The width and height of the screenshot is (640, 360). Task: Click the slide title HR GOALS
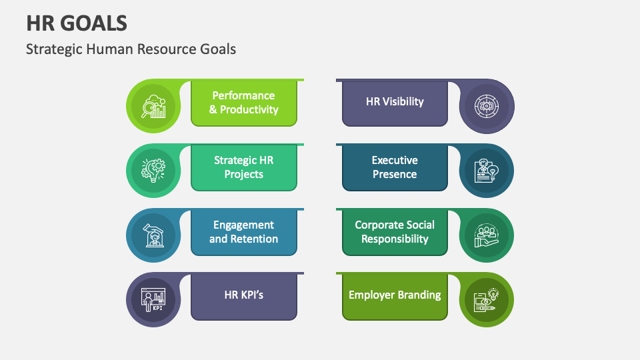pyautogui.click(x=77, y=23)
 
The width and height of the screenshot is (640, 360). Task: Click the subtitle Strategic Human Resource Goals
pyautogui.click(x=131, y=49)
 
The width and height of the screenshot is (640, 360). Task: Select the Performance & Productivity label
pyautogui.click(x=243, y=103)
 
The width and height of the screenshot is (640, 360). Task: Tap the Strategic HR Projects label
pyautogui.click(x=243, y=167)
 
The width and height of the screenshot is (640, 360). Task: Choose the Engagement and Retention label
pyautogui.click(x=243, y=232)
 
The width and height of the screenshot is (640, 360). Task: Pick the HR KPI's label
pyautogui.click(x=243, y=294)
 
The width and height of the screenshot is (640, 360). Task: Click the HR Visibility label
pyautogui.click(x=395, y=101)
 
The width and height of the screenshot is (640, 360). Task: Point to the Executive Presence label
pyautogui.click(x=395, y=167)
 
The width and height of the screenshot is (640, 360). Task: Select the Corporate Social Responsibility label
pyautogui.click(x=395, y=232)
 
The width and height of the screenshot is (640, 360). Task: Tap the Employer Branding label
pyautogui.click(x=395, y=295)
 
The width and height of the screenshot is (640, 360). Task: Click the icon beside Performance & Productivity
pyautogui.click(x=153, y=106)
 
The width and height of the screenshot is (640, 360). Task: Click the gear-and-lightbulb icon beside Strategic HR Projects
pyautogui.click(x=153, y=171)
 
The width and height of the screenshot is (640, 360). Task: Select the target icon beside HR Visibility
pyautogui.click(x=487, y=106)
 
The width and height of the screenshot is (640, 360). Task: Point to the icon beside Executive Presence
pyautogui.click(x=487, y=171)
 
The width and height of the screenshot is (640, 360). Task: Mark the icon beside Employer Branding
pyautogui.click(x=487, y=300)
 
